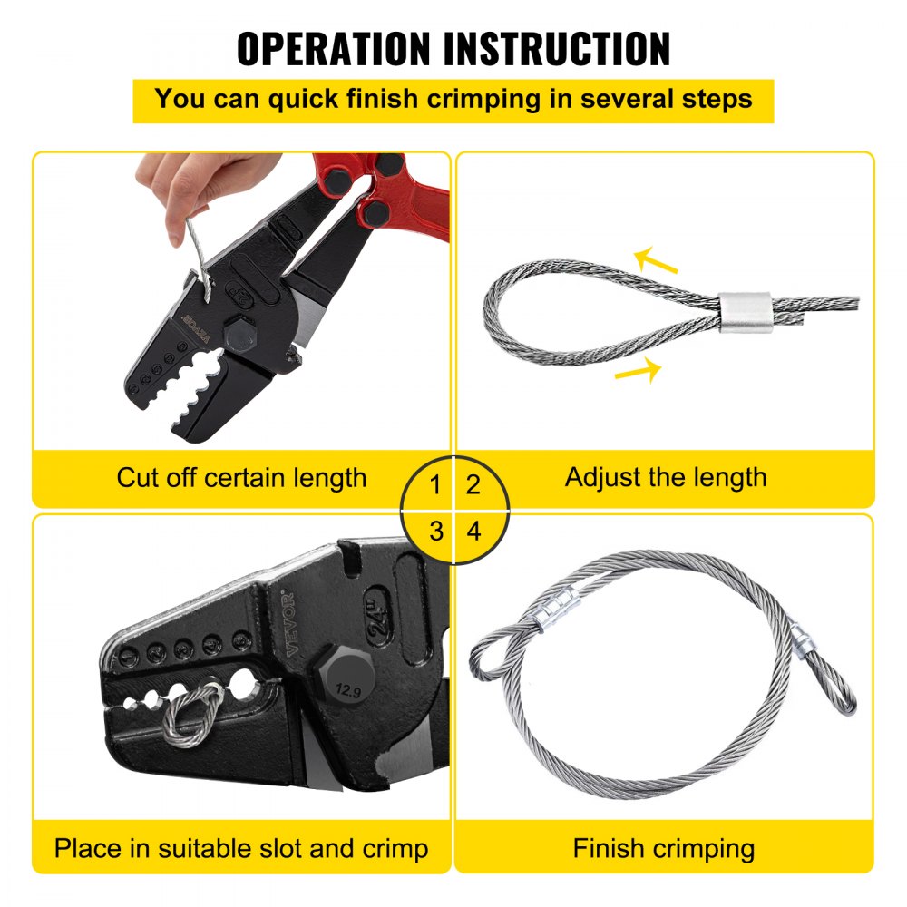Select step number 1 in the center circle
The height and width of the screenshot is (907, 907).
point(435,484)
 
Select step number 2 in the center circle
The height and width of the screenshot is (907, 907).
point(473,484)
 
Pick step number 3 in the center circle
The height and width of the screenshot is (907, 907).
point(435,531)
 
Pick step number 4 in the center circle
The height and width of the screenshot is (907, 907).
point(473,531)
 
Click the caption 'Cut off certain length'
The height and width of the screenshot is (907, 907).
point(241,477)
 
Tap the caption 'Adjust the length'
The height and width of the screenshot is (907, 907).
point(665,477)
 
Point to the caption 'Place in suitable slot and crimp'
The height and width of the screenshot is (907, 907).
point(241,849)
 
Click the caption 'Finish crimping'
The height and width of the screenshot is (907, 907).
point(665,849)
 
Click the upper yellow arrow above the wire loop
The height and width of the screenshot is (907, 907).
point(656,262)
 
